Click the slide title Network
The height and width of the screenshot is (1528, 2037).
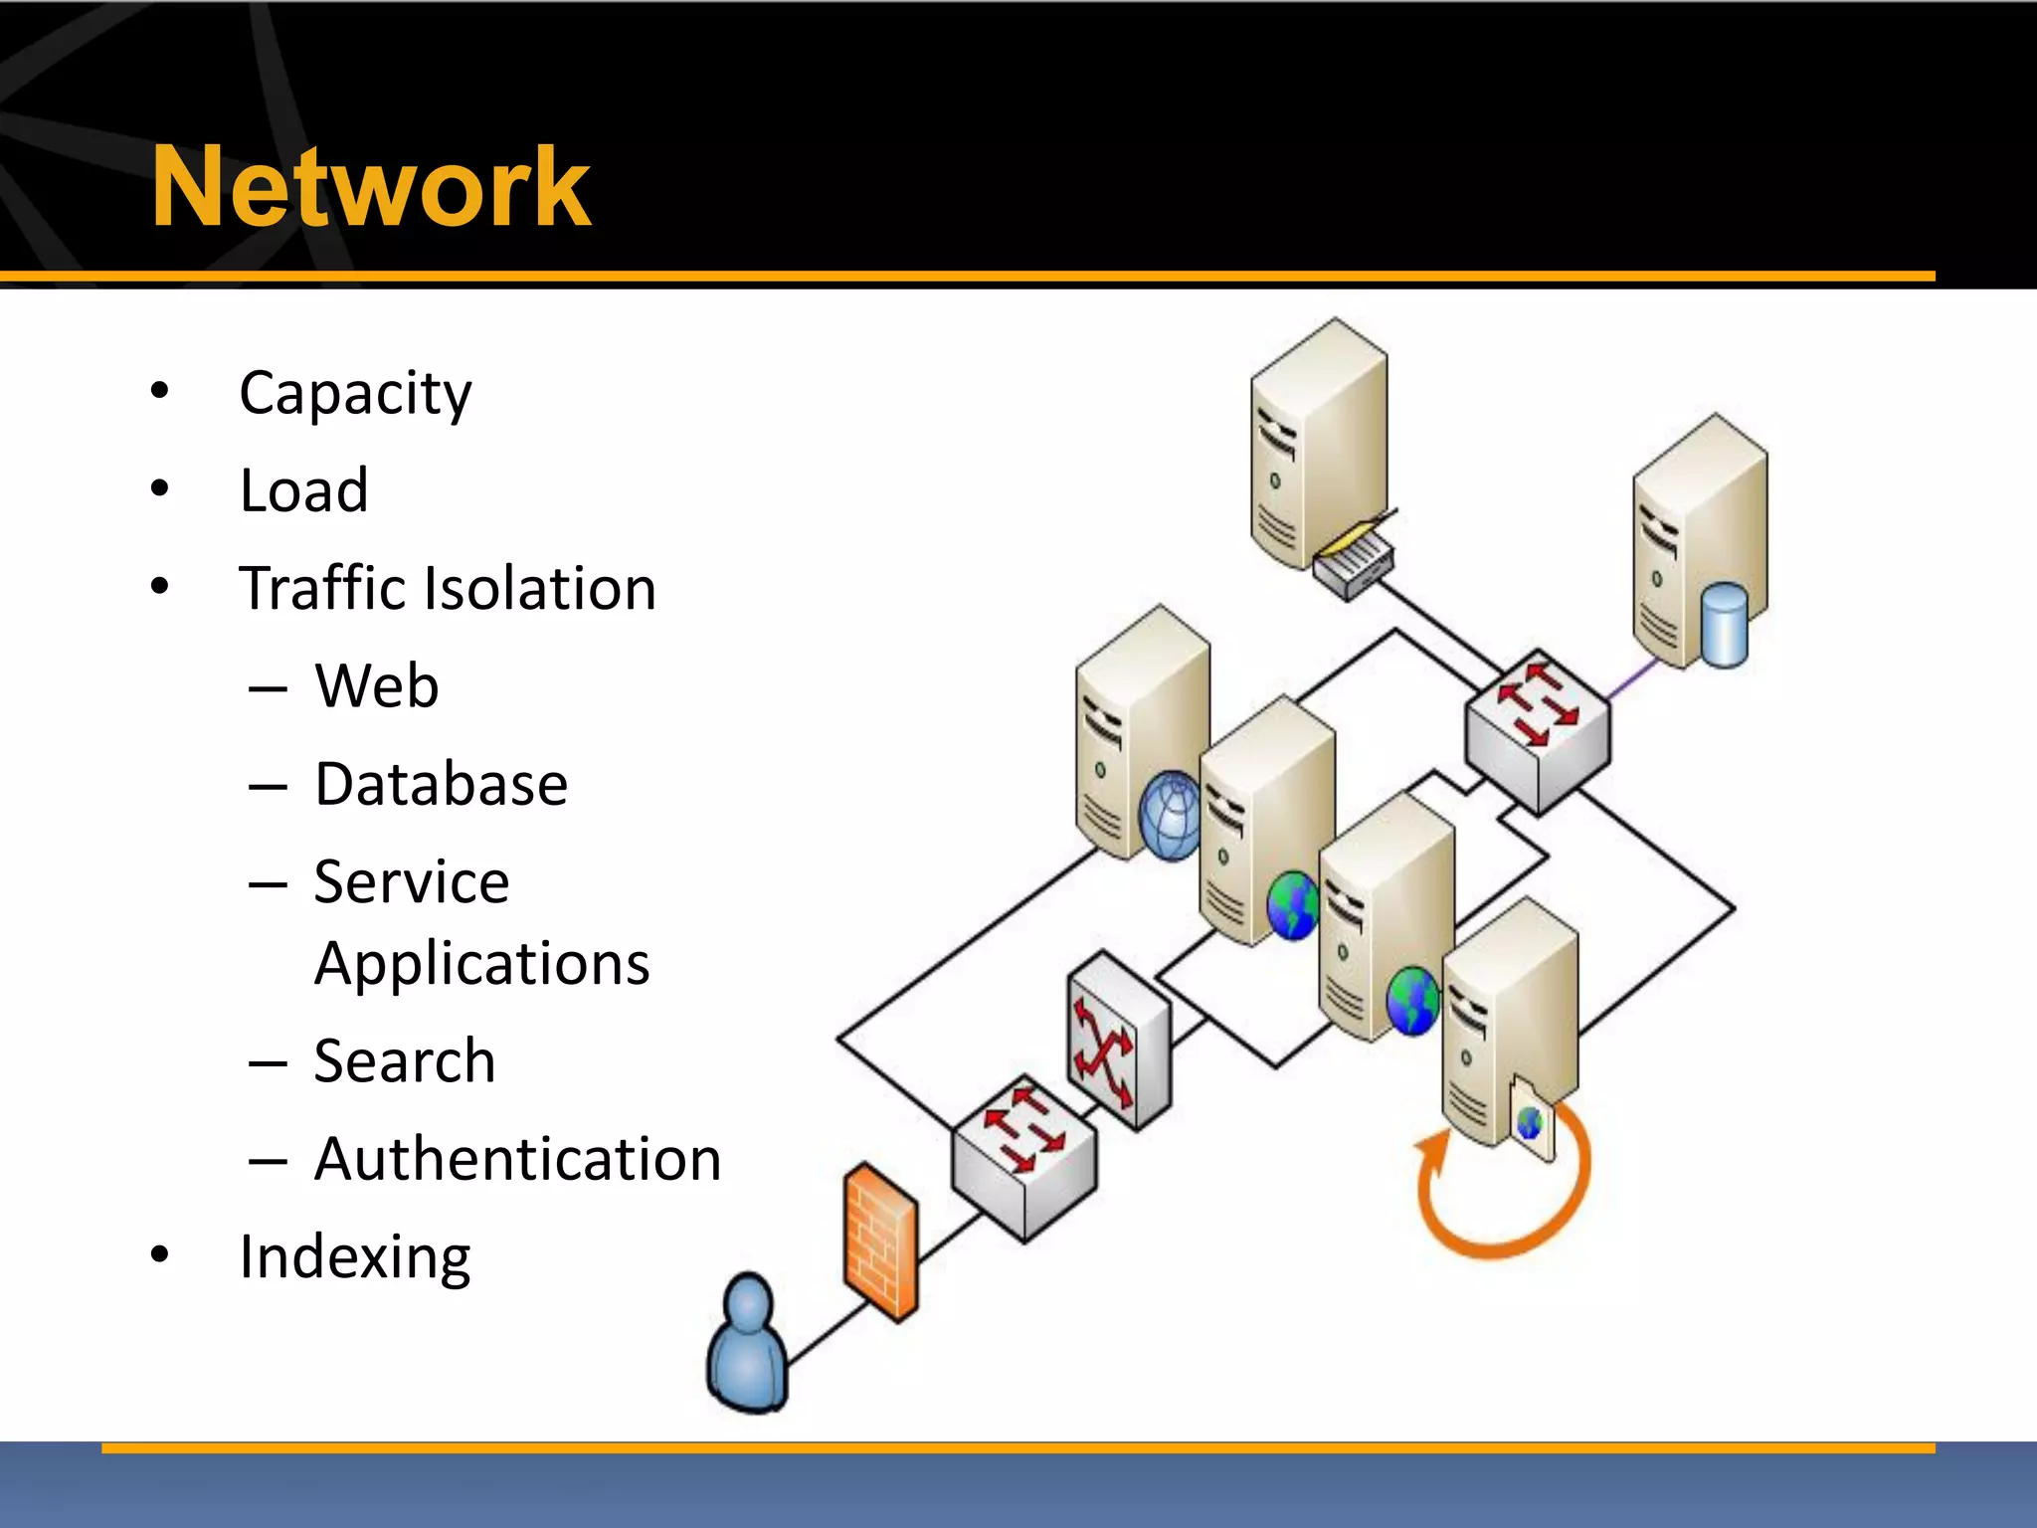(370, 186)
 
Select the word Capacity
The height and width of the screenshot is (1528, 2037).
(355, 393)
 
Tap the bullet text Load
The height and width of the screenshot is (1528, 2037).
(303, 490)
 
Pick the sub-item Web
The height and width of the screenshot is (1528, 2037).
(376, 686)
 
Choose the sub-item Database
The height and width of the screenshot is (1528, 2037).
(441, 784)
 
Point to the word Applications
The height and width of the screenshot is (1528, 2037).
(481, 963)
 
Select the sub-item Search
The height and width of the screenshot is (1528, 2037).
(404, 1060)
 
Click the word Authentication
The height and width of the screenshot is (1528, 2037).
(517, 1159)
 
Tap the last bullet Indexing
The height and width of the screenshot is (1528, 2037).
(354, 1256)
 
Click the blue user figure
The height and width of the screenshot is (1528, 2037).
(748, 1343)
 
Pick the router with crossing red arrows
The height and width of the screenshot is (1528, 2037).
(1118, 1041)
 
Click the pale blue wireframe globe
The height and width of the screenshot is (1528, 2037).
(1172, 816)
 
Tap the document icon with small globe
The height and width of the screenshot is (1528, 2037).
(1532, 1119)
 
